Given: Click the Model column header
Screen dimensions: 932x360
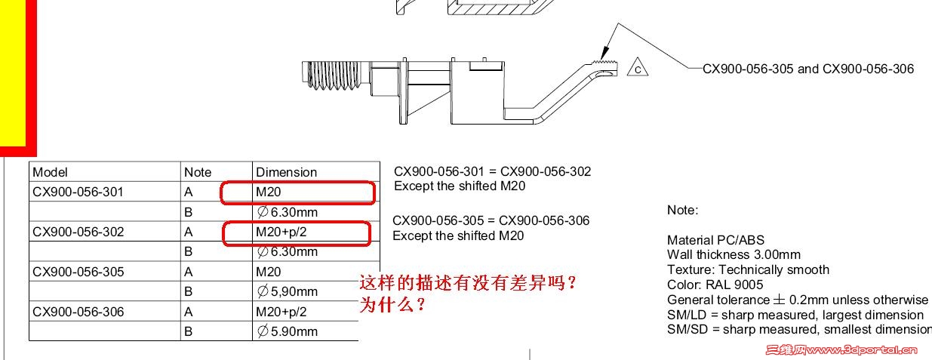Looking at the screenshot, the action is [50, 172].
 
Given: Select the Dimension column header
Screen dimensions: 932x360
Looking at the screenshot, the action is [286, 172].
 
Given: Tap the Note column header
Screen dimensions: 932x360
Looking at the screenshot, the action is [198, 172].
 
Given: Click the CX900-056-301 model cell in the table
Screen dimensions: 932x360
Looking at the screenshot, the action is [78, 192].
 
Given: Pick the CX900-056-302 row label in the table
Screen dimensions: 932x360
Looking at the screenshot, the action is [78, 232].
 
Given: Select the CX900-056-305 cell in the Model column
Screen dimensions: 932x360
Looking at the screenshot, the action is [78, 272].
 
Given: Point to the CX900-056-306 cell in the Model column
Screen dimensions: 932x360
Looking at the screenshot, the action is [78, 312].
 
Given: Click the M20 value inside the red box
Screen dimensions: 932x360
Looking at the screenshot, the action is [269, 192].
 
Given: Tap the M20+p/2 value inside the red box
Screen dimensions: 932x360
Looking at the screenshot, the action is [281, 232].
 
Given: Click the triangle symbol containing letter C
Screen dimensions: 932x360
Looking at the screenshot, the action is [638, 68].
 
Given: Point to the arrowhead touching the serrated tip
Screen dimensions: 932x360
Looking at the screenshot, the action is [604, 54].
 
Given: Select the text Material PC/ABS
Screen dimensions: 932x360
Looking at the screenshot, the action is [715, 240].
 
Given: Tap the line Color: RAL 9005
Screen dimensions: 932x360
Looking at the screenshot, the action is [715, 285].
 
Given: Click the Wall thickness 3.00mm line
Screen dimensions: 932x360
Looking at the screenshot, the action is [734, 254].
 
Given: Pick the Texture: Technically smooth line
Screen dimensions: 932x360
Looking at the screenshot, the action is [748, 269].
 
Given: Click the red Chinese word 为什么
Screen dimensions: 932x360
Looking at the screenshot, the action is [392, 305].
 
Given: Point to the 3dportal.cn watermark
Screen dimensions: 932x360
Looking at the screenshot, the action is [841, 350].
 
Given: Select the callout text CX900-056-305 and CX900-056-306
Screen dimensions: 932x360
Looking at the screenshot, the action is [808, 69].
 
